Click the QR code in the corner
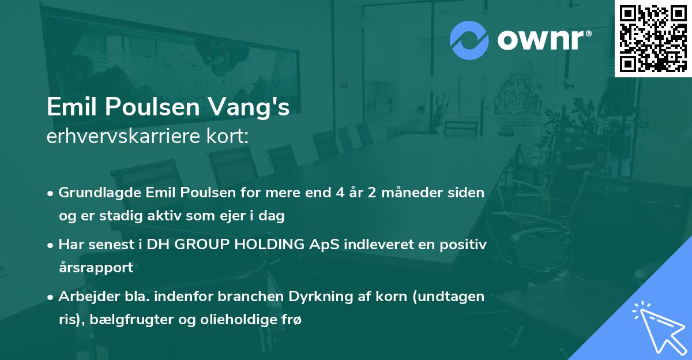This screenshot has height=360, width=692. click(653, 38)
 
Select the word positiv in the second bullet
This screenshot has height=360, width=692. click(465, 245)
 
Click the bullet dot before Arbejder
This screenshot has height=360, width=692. click(51, 298)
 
